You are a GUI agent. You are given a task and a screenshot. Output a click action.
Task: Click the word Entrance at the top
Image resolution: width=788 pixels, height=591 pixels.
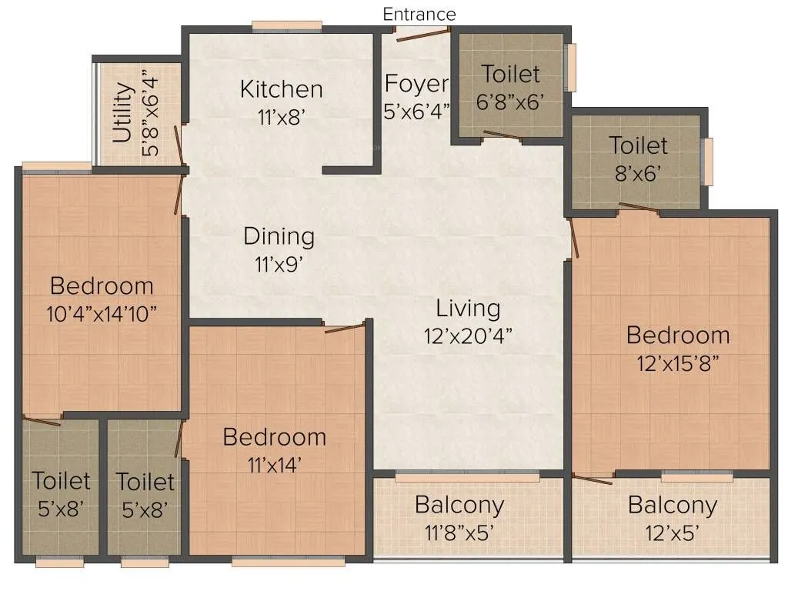[x=419, y=15]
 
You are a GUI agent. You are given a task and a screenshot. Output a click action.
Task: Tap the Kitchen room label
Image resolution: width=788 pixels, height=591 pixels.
[x=281, y=88]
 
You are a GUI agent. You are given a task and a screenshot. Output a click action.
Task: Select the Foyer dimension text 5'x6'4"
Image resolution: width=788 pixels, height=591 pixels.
[x=416, y=111]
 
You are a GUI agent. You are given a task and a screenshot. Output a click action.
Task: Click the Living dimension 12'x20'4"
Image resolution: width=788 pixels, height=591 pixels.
[x=468, y=336]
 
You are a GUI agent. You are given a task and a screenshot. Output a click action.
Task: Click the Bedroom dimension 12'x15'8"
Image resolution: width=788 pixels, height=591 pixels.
[x=677, y=363]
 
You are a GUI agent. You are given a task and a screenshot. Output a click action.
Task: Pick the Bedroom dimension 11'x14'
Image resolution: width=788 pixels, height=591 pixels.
[x=274, y=464]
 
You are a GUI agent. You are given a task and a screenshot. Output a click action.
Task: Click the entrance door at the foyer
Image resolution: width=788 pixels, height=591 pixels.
[x=422, y=32]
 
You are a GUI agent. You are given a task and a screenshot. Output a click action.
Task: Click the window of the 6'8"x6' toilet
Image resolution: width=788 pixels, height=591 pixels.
[x=570, y=68]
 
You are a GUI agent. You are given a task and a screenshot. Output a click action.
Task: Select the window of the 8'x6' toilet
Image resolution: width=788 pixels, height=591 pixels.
[x=707, y=162]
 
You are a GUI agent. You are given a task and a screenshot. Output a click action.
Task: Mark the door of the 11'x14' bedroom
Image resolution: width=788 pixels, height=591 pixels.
[x=344, y=329]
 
